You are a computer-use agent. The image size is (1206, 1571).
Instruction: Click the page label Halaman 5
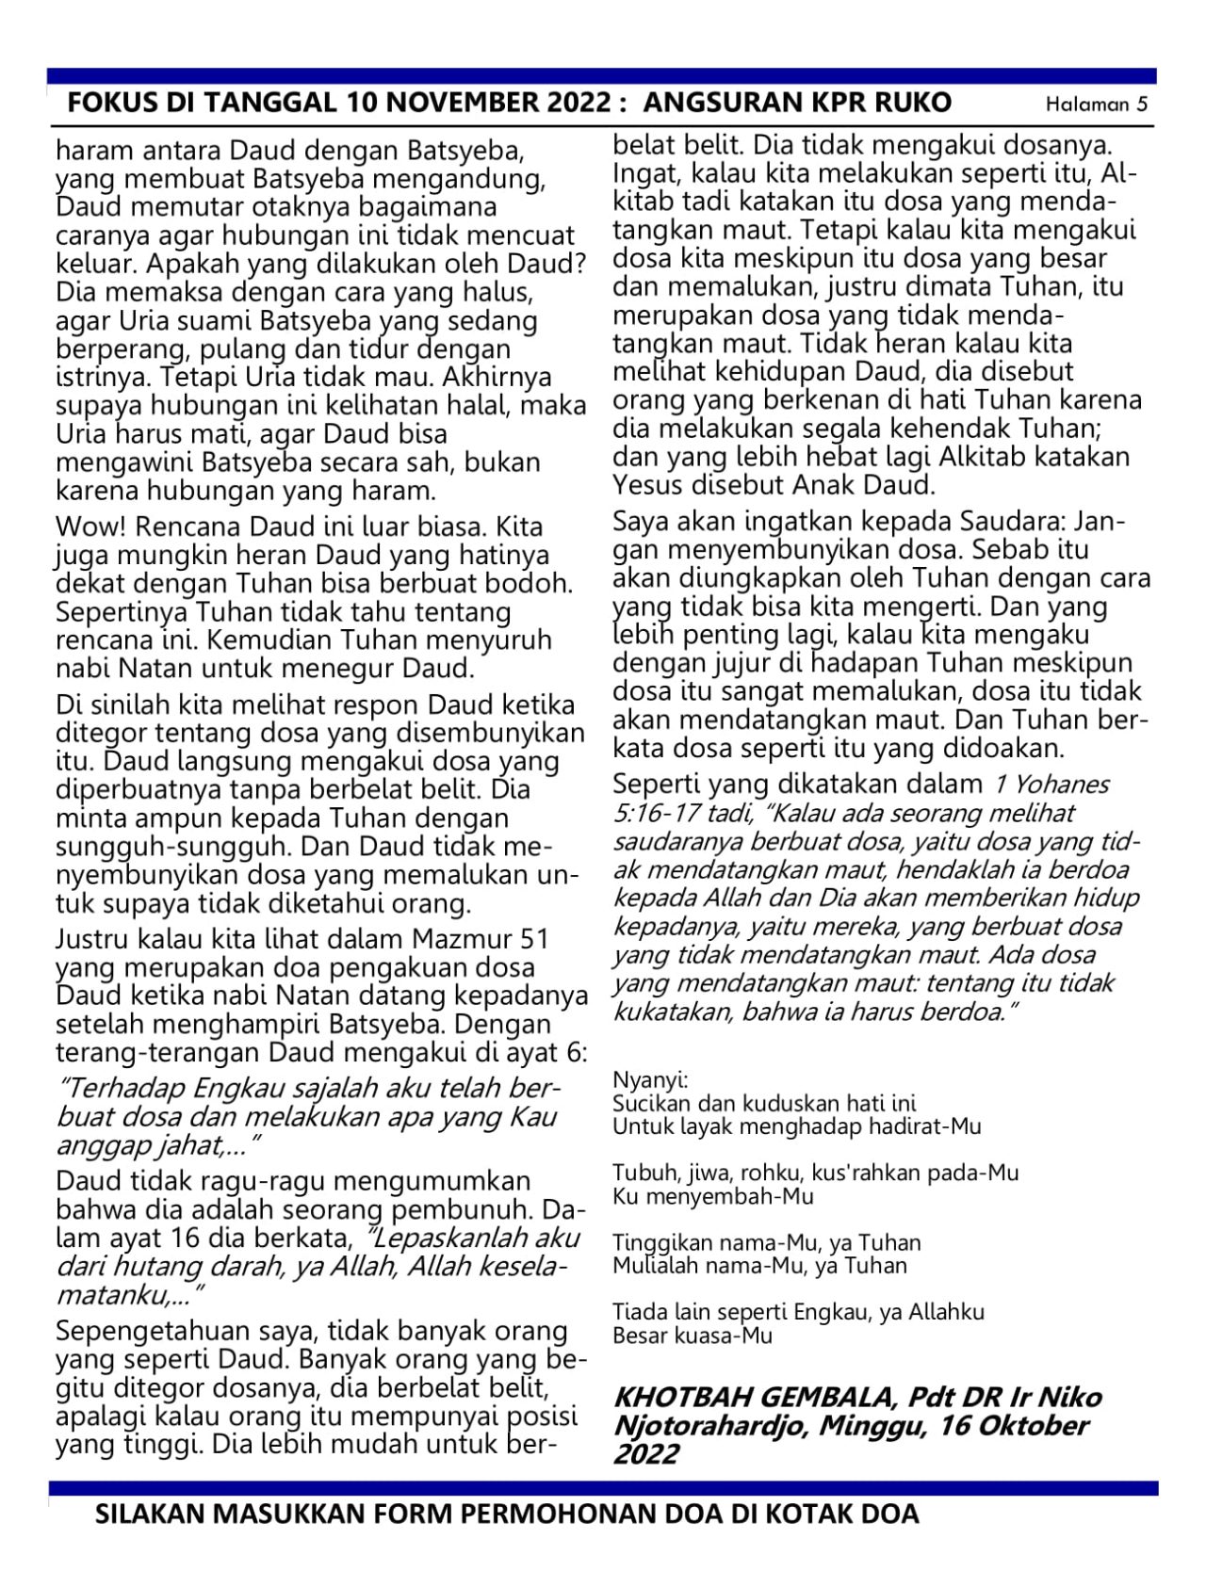(1097, 105)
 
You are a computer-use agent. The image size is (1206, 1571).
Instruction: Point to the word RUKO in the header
(914, 103)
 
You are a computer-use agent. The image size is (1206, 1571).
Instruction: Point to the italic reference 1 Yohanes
(1048, 784)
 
